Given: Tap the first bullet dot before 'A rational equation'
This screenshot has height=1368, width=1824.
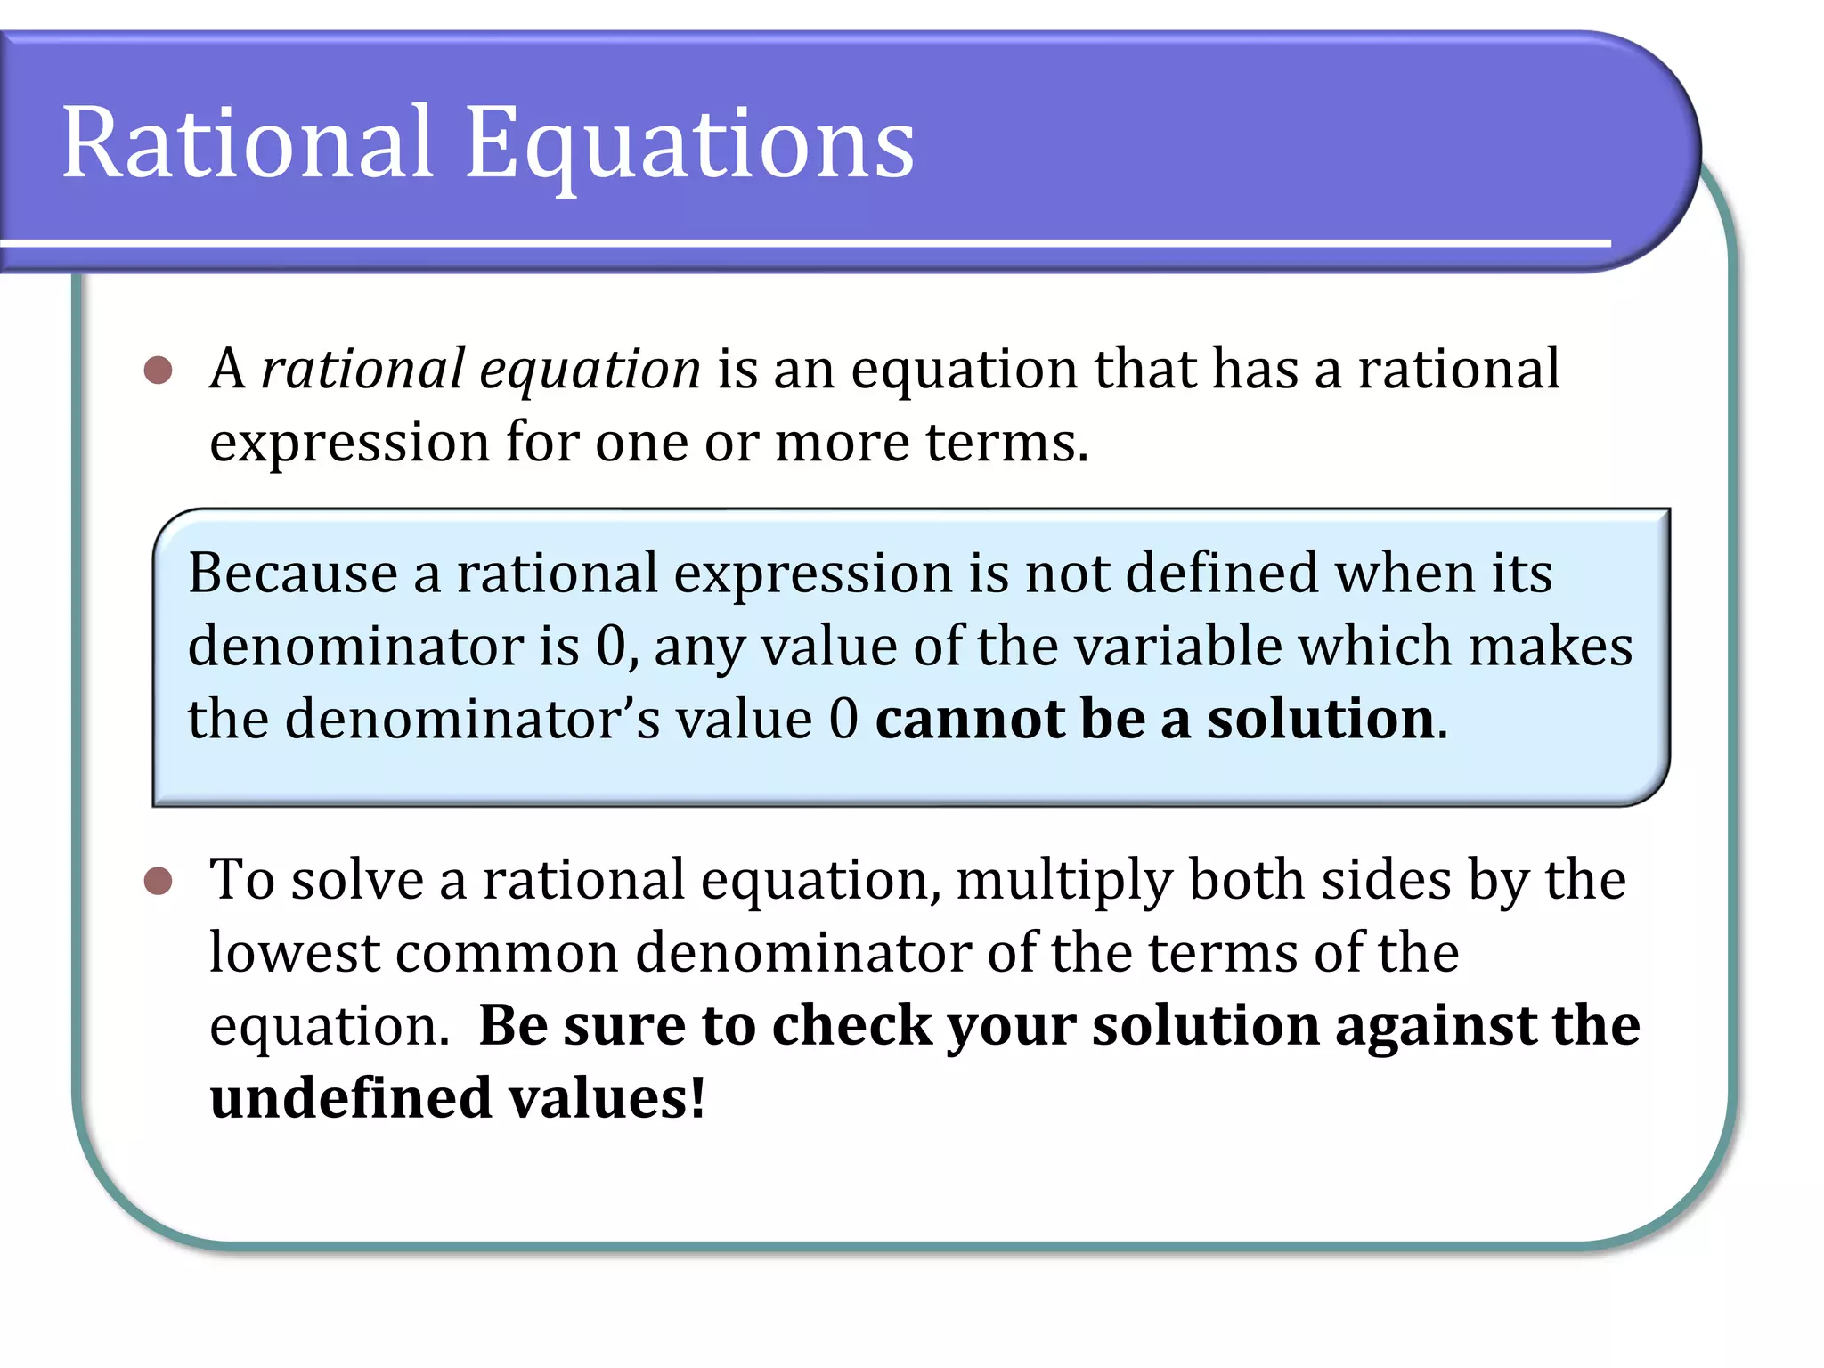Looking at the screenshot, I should click(159, 370).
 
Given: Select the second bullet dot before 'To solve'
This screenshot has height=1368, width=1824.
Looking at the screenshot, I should click(159, 882).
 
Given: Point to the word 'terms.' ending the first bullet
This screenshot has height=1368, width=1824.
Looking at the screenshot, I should click(1006, 443).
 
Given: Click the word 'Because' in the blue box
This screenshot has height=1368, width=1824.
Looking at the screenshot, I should click(292, 573).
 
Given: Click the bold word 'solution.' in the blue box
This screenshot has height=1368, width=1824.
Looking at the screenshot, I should click(1327, 719).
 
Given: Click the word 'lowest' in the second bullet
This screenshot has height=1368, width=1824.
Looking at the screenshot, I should click(295, 953).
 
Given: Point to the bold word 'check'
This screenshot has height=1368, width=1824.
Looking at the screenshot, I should click(851, 1026).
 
